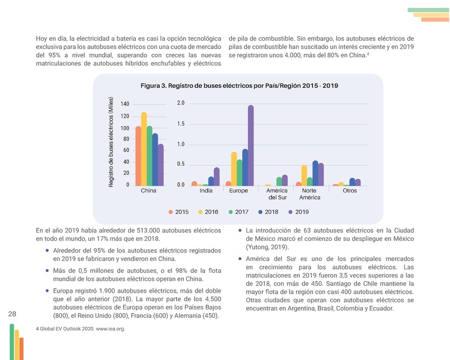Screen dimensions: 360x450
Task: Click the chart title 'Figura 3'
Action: coord(239,86)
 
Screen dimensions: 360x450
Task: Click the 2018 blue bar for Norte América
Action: coord(315,173)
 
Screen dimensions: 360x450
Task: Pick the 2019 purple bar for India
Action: coord(216,177)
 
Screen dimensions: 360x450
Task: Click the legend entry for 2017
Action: coord(239,212)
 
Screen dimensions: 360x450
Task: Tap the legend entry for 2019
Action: coord(298,212)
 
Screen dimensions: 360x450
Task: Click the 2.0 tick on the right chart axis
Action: coord(180,103)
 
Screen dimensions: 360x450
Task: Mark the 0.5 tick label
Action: coord(180,165)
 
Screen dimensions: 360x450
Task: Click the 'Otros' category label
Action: coord(349,191)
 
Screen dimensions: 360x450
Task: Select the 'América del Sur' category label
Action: coord(276,194)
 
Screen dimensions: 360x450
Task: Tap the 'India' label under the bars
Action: coord(205,191)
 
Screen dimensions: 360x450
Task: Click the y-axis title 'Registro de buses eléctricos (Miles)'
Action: coord(112,141)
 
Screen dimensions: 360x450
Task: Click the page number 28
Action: coord(13,314)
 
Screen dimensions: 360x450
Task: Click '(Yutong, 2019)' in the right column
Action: coord(267,247)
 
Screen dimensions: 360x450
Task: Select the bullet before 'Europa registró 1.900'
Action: coord(47,290)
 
